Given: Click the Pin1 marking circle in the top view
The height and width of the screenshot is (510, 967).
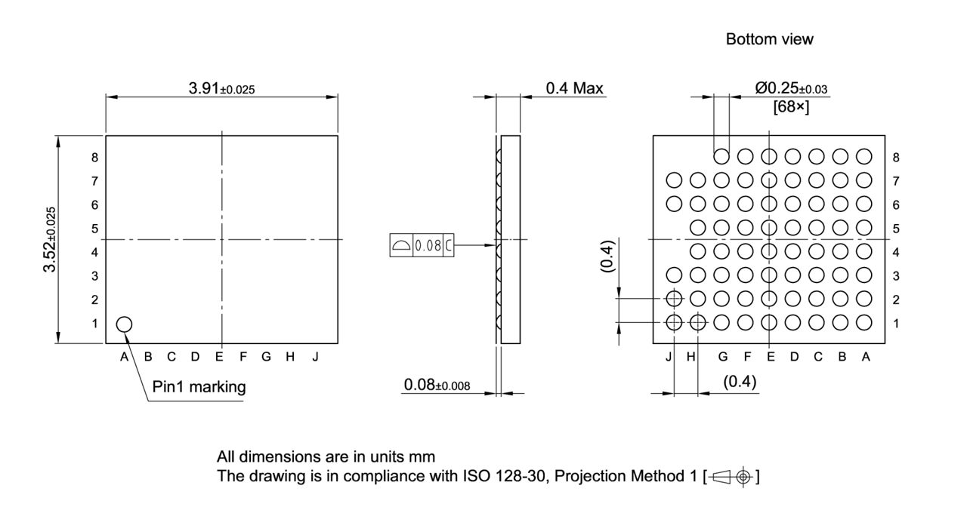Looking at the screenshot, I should pyautogui.click(x=124, y=324).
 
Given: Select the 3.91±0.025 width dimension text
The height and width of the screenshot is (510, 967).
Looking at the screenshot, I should pyautogui.click(x=221, y=88).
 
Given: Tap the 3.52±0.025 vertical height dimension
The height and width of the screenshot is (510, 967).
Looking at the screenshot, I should pyautogui.click(x=51, y=239).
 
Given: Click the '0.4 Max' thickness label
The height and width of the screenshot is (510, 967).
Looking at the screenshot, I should pyautogui.click(x=574, y=88).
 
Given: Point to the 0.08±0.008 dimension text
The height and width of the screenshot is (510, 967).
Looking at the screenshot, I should pyautogui.click(x=437, y=386).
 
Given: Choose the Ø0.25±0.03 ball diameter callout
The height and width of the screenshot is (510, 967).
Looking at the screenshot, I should pyautogui.click(x=791, y=88).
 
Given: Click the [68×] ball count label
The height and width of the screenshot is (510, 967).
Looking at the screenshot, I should pyautogui.click(x=791, y=108).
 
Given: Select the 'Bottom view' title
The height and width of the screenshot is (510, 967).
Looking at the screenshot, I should pyautogui.click(x=769, y=39).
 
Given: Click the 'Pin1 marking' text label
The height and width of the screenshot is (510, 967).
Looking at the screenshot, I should pyautogui.click(x=199, y=387).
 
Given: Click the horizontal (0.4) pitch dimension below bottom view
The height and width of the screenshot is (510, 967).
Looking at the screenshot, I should pyautogui.click(x=740, y=382).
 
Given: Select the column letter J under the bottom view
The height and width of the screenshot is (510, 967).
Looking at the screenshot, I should pyautogui.click(x=669, y=357).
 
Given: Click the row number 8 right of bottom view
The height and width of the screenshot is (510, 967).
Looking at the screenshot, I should pyautogui.click(x=896, y=158).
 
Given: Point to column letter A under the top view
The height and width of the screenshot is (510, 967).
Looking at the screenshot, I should pyautogui.click(x=124, y=357).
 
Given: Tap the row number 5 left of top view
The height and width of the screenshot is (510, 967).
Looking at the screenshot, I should pyautogui.click(x=95, y=229).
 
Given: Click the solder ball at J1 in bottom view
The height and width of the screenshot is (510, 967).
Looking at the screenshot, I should pyautogui.click(x=674, y=323).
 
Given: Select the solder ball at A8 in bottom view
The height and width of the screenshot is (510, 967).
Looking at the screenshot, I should pyautogui.click(x=864, y=157).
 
